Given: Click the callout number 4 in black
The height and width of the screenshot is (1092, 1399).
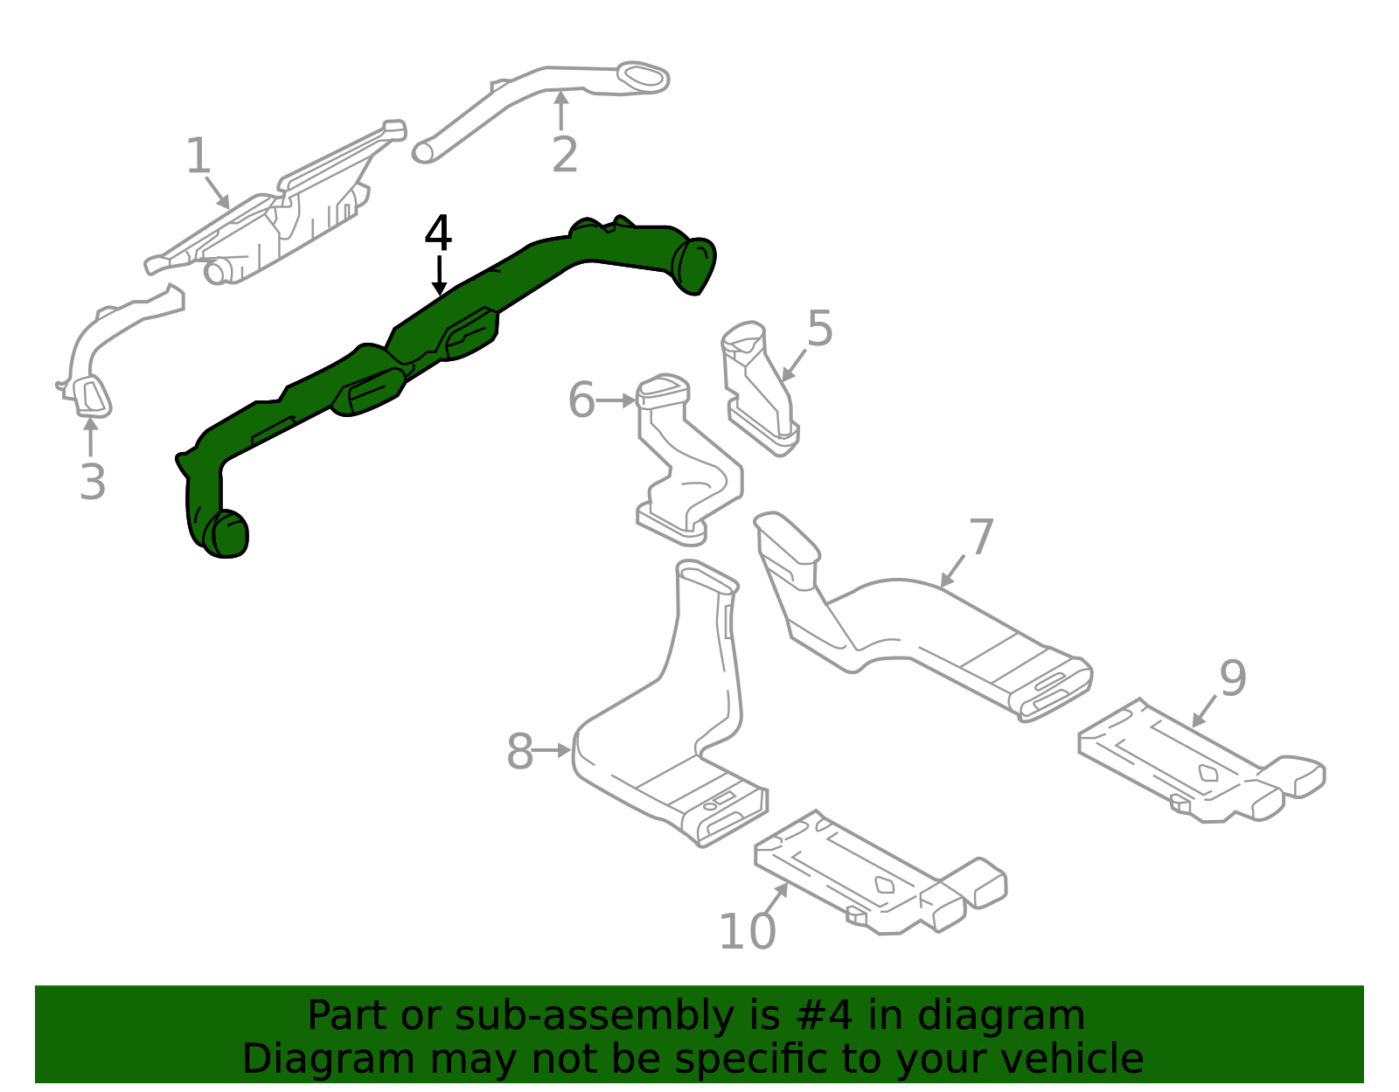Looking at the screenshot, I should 438,233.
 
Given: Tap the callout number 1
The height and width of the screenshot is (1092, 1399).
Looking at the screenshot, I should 198,156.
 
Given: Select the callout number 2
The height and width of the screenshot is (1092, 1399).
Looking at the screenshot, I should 565,155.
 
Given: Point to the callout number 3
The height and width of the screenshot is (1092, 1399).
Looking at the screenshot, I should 93,482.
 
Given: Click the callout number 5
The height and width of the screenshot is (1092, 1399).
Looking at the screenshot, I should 819,329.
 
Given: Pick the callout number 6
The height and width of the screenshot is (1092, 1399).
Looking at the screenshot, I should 581,400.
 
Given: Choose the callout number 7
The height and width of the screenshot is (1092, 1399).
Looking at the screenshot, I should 981,537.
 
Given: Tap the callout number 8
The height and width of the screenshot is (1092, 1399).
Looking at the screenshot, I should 519,752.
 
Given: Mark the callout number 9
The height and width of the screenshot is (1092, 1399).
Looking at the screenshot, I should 1233,678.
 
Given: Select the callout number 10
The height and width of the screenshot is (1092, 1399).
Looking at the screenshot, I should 747,931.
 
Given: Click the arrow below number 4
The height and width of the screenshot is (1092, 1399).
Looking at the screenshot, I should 439,275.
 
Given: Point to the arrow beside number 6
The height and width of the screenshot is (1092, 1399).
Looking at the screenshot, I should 617,400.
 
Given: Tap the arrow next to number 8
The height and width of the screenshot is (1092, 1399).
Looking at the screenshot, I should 553,750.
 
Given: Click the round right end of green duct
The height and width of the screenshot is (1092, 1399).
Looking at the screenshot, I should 696,264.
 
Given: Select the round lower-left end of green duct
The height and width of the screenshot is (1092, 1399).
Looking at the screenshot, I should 226,533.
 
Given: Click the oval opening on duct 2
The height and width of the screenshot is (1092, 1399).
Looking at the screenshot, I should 643,77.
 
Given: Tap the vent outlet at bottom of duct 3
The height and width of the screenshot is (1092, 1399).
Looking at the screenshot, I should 92,398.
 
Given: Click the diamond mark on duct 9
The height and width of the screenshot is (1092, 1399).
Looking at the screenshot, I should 1208,772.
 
